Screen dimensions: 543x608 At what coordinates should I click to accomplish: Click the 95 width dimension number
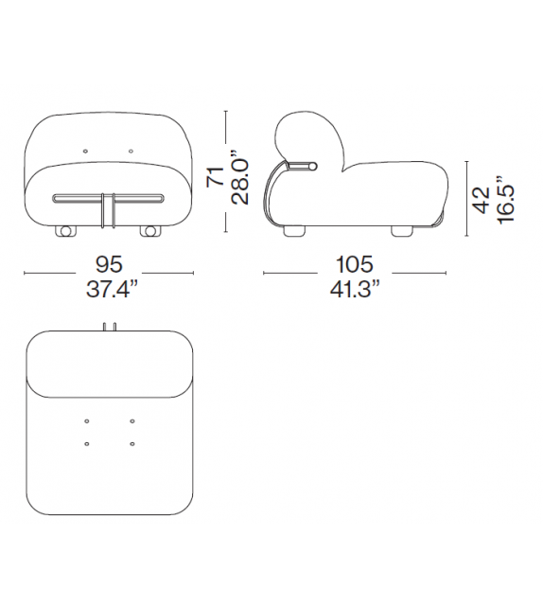pyautogui.click(x=109, y=264)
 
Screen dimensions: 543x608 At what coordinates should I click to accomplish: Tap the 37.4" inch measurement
pyautogui.click(x=112, y=289)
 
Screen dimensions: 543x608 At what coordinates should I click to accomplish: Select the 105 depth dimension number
pyautogui.click(x=355, y=264)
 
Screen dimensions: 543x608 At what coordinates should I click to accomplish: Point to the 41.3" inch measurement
pyautogui.click(x=355, y=289)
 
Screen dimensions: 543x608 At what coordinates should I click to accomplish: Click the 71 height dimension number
pyautogui.click(x=215, y=176)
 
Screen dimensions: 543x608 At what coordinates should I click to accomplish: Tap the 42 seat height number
pyautogui.click(x=482, y=200)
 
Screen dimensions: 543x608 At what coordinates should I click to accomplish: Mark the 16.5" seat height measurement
pyautogui.click(x=506, y=199)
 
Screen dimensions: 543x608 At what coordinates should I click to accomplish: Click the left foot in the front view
pyautogui.click(x=65, y=231)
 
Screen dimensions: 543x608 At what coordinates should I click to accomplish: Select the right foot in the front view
pyautogui.click(x=149, y=231)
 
